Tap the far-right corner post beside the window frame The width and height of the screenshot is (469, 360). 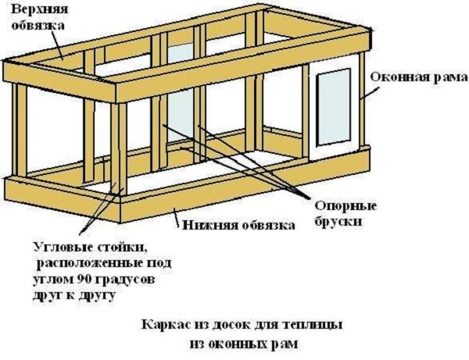pyautogui.click(x=363, y=102)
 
